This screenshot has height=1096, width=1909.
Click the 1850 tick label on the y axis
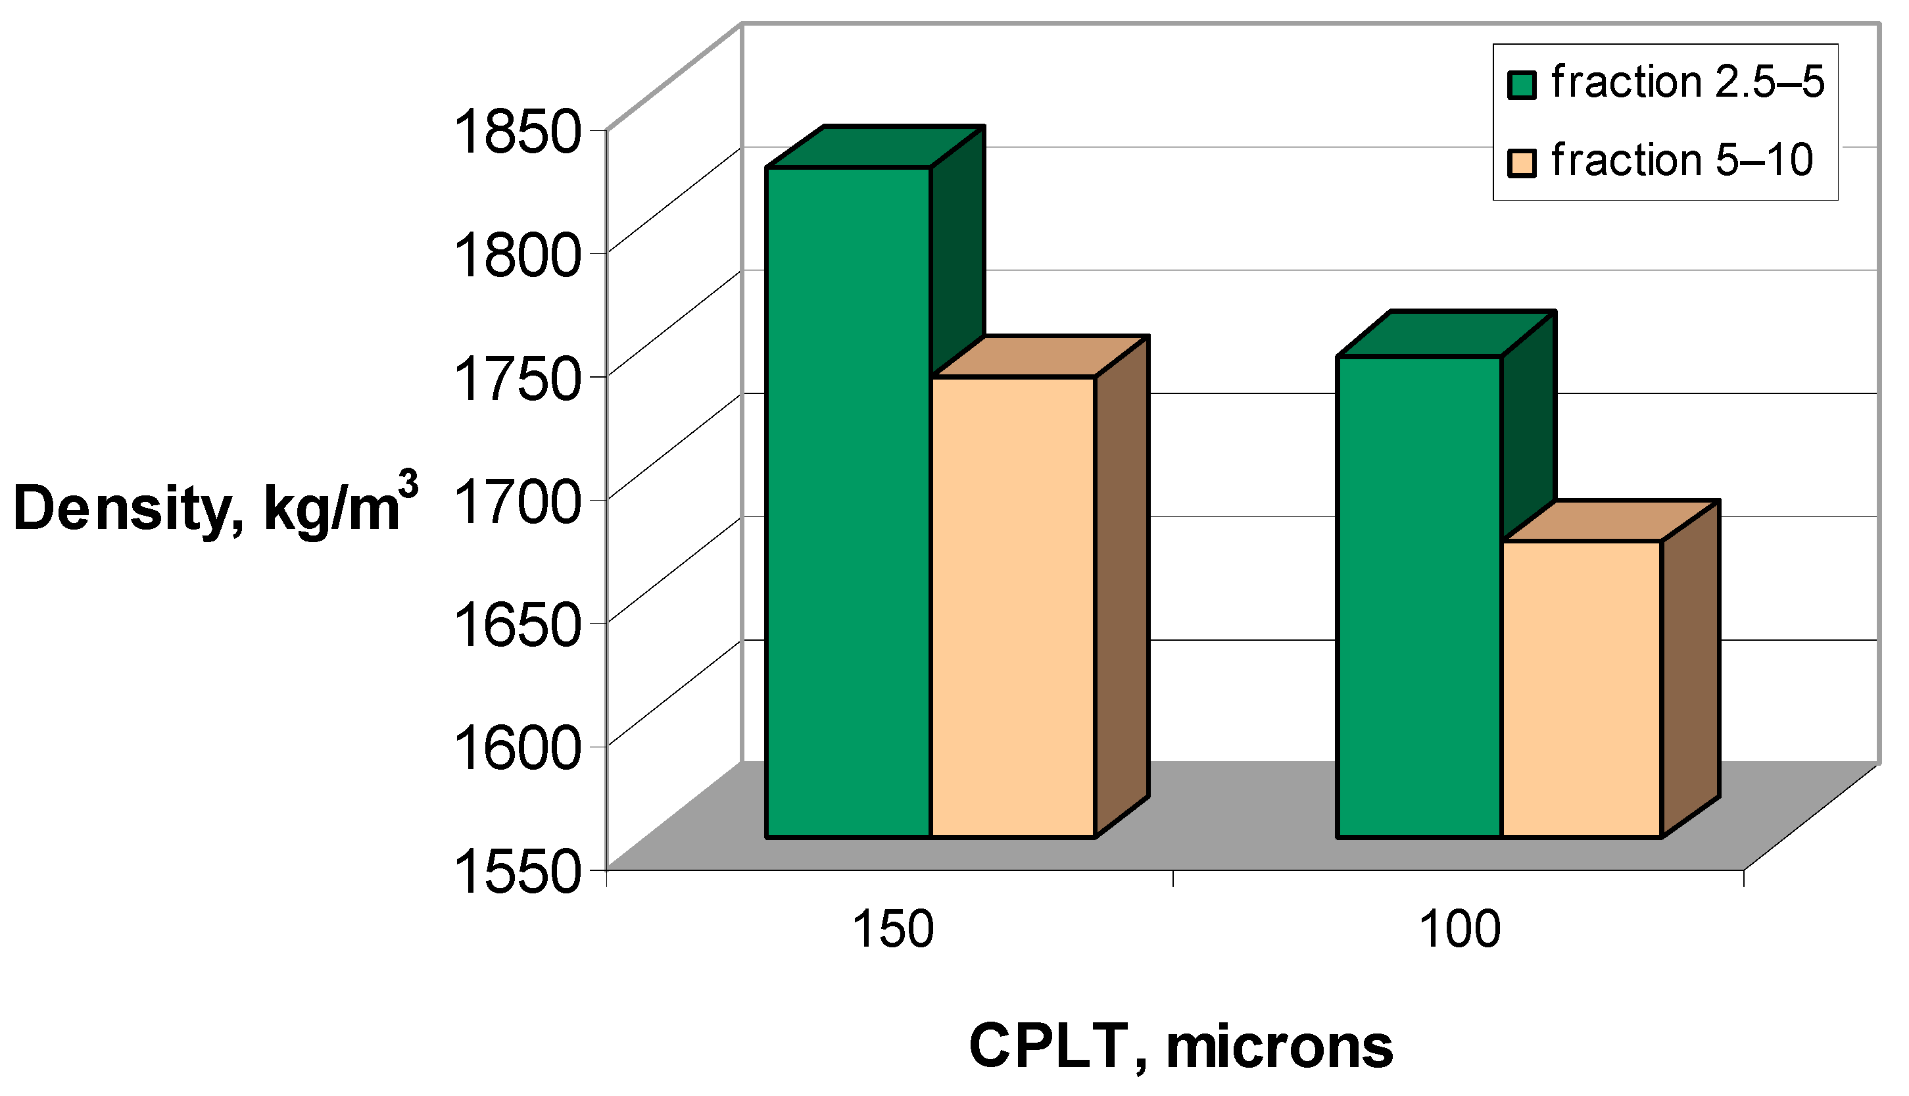[x=518, y=132]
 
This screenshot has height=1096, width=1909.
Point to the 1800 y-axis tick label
[x=518, y=256]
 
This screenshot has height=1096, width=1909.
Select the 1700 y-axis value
[x=518, y=502]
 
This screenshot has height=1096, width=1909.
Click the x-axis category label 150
[x=892, y=930]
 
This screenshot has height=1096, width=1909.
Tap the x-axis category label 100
[x=1459, y=930]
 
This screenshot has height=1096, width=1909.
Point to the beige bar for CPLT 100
[x=1582, y=689]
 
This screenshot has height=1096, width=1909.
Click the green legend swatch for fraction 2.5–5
[x=1522, y=85]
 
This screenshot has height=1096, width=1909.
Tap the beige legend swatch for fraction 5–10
[x=1522, y=162]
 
